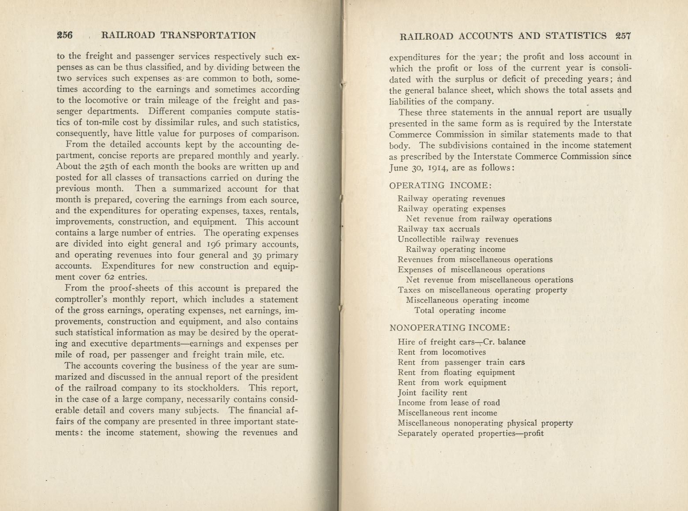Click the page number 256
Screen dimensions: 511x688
click(x=64, y=35)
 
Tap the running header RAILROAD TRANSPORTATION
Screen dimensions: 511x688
click(x=178, y=36)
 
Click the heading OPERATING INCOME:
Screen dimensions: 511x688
click(x=441, y=185)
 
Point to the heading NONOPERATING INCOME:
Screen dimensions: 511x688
click(x=450, y=328)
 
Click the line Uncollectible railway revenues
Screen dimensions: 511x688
click(x=457, y=239)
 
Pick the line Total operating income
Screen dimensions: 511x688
click(x=460, y=311)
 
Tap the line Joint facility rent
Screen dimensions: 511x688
click(x=432, y=393)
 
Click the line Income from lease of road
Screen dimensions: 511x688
click(x=449, y=403)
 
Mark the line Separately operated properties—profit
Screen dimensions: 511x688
click(x=470, y=433)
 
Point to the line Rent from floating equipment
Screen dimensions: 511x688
click(x=456, y=372)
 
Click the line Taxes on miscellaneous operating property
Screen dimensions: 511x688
click(x=482, y=290)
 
